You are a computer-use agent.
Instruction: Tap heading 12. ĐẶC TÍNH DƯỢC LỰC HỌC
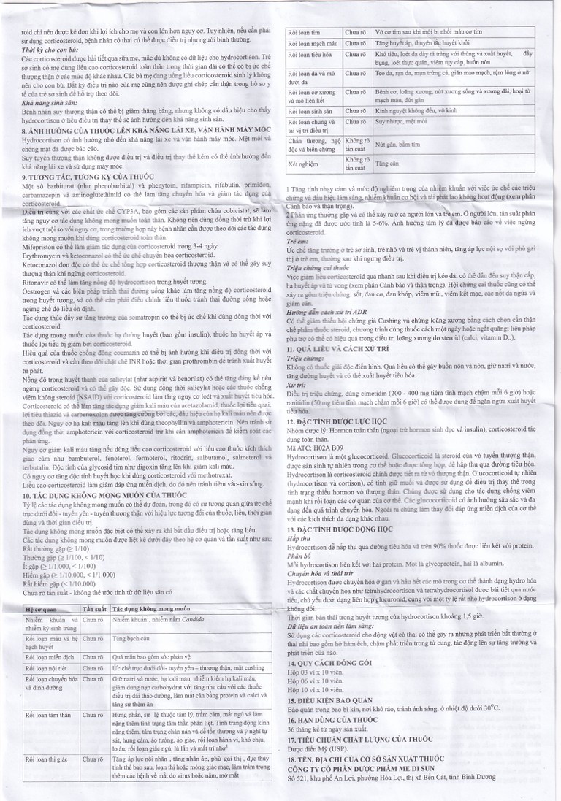coord(346,422)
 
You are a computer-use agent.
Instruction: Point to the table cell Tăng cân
coord(386,165)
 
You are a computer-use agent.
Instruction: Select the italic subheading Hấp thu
coord(298,545)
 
